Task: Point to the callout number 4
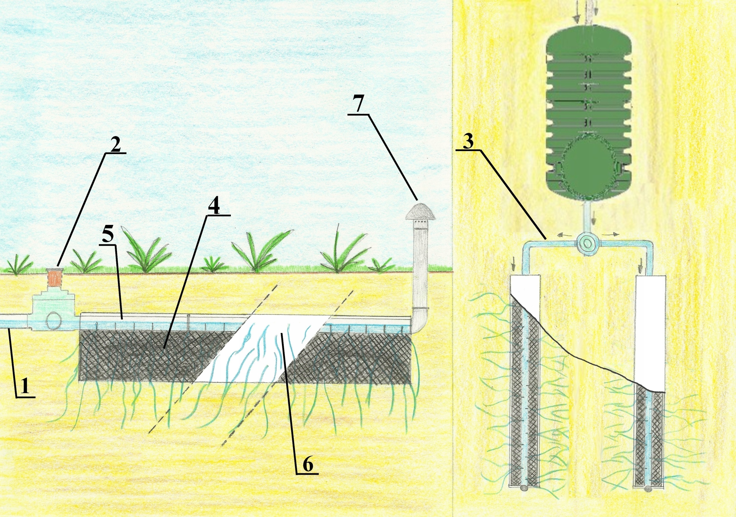click(214, 208)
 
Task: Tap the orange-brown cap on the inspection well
click(55, 277)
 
